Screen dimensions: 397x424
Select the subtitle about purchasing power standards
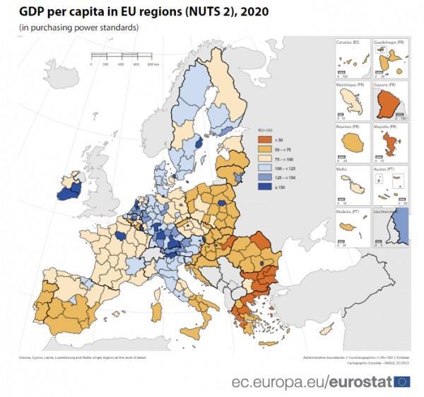coord(78,28)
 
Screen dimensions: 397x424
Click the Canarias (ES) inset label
coord(346,42)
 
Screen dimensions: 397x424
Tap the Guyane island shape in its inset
coord(387,105)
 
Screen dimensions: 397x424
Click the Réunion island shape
coord(349,143)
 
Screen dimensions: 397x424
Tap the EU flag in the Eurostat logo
coord(402,382)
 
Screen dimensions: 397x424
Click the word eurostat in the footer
coord(361,382)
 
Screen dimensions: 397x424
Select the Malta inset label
coord(341,169)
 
